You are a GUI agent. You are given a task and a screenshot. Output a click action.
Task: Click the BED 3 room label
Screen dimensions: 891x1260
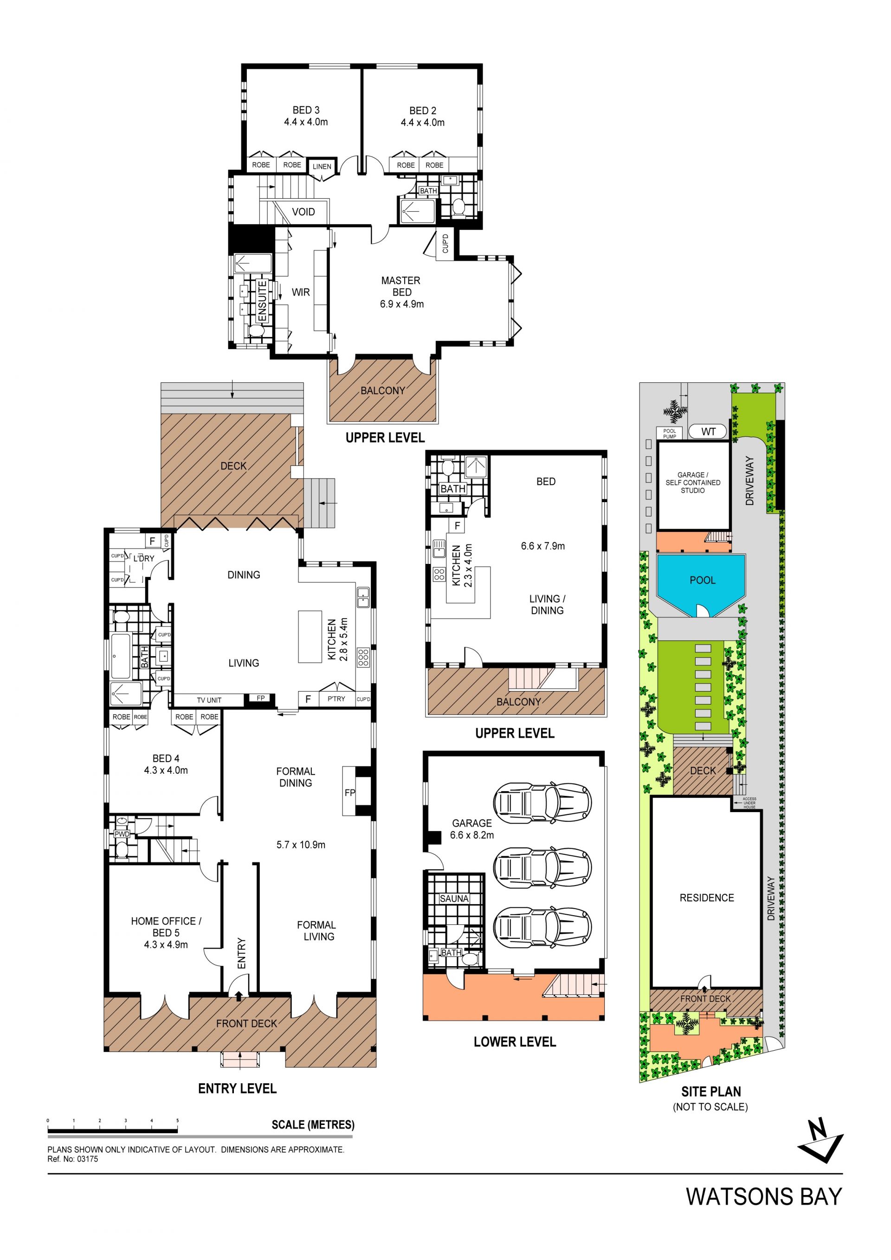tap(306, 110)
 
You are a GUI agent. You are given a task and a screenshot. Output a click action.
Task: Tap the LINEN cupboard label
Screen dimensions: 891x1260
tap(322, 167)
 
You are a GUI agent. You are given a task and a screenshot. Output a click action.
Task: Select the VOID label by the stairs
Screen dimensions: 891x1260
tap(303, 212)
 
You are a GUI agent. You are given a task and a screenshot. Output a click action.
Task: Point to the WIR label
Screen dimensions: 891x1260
tap(301, 292)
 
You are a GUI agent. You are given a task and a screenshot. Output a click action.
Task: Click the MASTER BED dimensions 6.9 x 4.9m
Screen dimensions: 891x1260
tap(402, 304)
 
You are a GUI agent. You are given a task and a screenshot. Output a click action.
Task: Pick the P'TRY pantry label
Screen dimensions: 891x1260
tap(336, 698)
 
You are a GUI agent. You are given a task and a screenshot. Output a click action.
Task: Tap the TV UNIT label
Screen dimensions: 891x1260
tap(209, 700)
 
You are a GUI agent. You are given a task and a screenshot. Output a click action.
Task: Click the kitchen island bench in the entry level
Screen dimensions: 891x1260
tap(310, 637)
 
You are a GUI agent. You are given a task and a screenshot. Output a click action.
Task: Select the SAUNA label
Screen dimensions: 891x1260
tap(454, 898)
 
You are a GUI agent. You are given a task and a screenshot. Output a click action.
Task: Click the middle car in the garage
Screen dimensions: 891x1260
tap(542, 866)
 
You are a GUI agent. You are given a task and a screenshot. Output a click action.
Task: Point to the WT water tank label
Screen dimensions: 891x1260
tap(708, 432)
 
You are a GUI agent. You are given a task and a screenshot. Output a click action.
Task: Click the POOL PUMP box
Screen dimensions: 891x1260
tap(669, 433)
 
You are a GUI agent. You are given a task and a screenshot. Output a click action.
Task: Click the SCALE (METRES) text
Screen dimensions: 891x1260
tap(313, 1124)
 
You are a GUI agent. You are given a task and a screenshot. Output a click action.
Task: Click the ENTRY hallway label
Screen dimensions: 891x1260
tap(241, 953)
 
